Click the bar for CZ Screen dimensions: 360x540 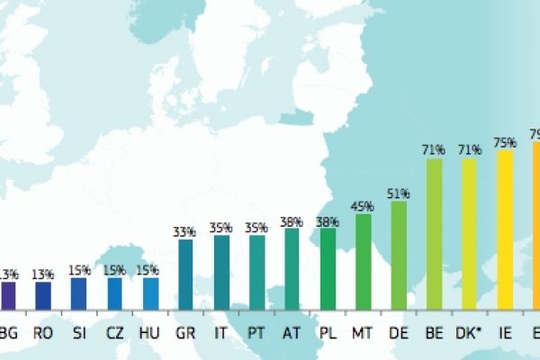click(x=114, y=293)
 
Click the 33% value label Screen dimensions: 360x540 click(x=184, y=231)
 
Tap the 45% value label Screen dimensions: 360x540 click(x=363, y=206)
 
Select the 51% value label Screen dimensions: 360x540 click(x=399, y=193)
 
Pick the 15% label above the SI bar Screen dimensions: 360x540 click(x=79, y=269)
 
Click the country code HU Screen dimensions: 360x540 click(x=149, y=333)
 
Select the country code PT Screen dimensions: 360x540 click(x=256, y=333)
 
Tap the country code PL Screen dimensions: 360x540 click(x=328, y=333)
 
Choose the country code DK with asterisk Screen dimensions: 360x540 click(x=471, y=333)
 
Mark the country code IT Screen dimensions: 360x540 click(x=220, y=333)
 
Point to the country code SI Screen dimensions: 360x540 click(x=79, y=333)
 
